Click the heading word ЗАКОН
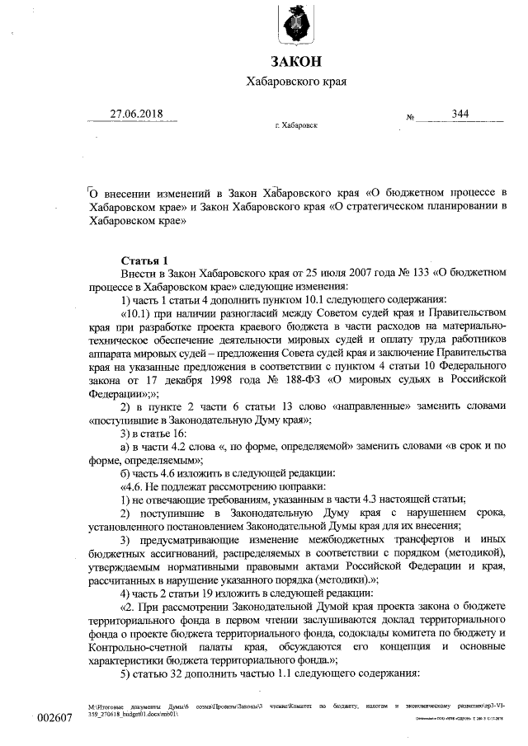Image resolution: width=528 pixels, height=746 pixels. coord(296,63)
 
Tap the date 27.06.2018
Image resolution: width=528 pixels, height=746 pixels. coord(138,114)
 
